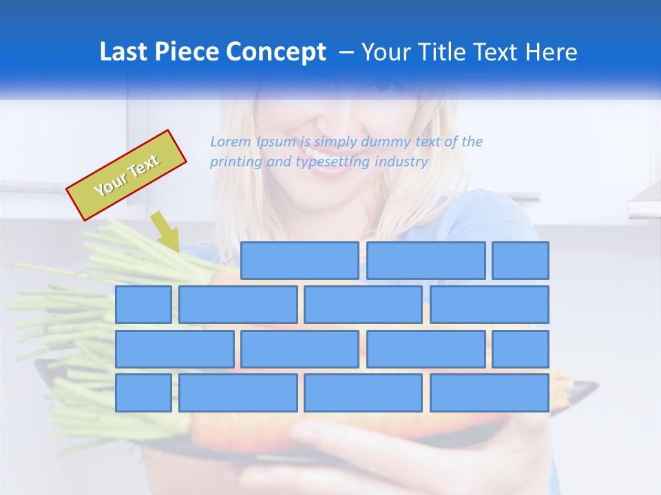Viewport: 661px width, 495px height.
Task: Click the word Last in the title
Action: [124, 52]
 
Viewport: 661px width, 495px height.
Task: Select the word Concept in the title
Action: [277, 52]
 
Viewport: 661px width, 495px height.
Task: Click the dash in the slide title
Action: [347, 52]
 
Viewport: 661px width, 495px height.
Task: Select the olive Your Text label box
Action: [127, 175]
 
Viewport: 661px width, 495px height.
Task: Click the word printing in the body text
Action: [234, 162]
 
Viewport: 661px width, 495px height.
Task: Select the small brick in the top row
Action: [521, 261]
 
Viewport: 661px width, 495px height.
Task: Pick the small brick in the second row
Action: [143, 305]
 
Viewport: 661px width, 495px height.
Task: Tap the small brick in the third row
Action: [521, 349]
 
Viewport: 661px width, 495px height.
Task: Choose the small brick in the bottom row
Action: [143, 393]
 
